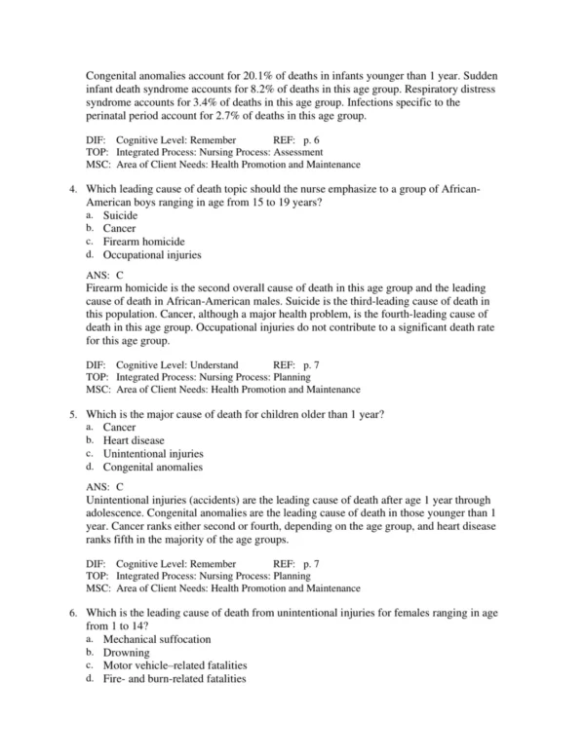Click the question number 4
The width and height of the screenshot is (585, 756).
pos(73,189)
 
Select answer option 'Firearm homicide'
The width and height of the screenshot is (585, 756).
pos(144,242)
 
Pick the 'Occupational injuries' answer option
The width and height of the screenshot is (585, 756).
pos(152,255)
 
